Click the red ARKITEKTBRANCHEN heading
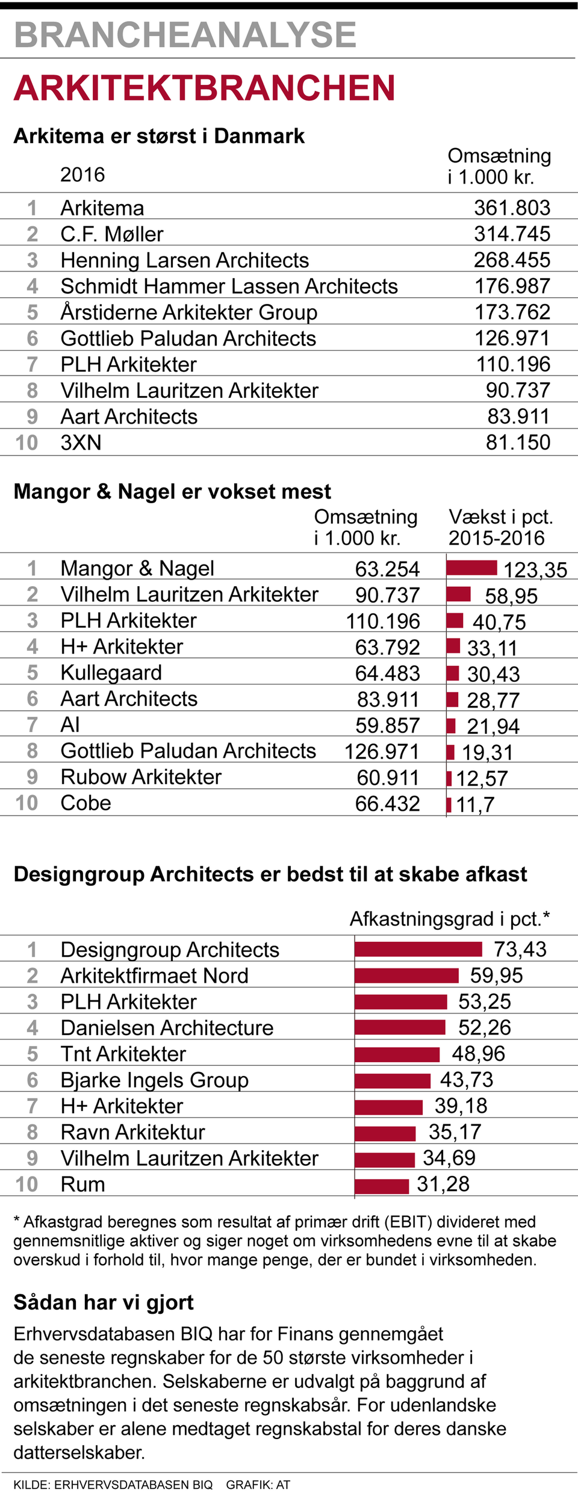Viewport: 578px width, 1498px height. [x=205, y=88]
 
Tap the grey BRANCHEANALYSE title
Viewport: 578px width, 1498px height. [x=185, y=35]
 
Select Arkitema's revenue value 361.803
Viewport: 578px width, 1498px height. [x=512, y=208]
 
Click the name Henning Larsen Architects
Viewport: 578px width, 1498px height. [x=185, y=260]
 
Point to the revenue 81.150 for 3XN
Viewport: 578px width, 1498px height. [x=518, y=442]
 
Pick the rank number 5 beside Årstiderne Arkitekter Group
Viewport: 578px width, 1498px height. [x=33, y=312]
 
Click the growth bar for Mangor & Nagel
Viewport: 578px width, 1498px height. [x=472, y=568]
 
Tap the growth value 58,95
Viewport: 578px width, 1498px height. [x=511, y=596]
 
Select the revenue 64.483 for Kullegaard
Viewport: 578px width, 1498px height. [x=387, y=673]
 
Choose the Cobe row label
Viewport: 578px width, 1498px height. [x=86, y=803]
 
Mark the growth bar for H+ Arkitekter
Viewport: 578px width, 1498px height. [x=453, y=646]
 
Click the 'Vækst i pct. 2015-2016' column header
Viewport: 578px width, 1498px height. [x=500, y=527]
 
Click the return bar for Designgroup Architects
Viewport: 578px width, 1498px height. [x=418, y=949]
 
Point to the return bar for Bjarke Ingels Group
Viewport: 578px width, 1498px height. [x=393, y=1080]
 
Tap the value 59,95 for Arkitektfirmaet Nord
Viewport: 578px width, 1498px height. [x=496, y=975]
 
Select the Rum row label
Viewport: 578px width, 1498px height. [x=83, y=1184]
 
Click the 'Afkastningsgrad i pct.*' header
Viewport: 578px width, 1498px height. [x=450, y=918]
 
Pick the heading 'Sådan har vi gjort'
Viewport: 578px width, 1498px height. [x=104, y=1302]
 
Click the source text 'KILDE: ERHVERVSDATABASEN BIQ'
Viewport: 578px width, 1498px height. [x=113, y=1485]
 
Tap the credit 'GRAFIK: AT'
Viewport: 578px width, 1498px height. [x=258, y=1485]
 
